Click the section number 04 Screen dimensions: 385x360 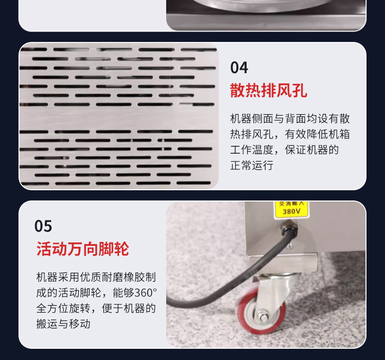coord(239,68)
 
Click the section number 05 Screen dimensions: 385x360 coord(43,226)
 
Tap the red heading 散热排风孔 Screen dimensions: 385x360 coord(269,90)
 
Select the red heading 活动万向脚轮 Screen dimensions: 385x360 coord(83,249)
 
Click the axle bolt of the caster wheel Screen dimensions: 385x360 coord(263,317)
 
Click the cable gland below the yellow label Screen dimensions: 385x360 coord(290,227)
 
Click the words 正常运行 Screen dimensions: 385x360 coord(251,165)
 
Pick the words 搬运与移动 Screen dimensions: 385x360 coord(63,324)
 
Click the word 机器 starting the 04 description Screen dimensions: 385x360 coord(241,119)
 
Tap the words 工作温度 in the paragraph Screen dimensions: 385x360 coord(251,150)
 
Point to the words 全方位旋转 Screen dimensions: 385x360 coord(63,308)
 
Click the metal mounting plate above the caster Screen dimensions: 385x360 coord(282,264)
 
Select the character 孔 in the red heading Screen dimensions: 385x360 coord(300,90)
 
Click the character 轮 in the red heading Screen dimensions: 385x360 coord(121,249)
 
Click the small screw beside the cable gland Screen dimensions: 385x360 coord(290,245)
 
